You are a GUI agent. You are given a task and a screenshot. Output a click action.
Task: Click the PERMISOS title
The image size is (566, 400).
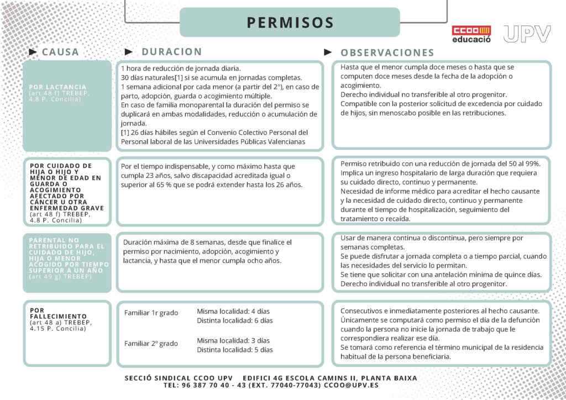coord(290,23)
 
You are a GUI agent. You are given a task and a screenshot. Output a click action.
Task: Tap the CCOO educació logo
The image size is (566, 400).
coord(471,34)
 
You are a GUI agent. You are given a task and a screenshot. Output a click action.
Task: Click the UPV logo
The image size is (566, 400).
coord(527,34)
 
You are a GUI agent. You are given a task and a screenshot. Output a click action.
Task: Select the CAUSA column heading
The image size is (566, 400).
coord(60,52)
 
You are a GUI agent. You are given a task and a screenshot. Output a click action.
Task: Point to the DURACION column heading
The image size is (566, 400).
coord(172,51)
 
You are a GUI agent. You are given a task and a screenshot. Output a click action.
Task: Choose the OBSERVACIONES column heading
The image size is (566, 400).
coord(387,52)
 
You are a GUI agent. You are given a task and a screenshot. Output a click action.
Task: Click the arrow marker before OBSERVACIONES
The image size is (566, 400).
coord(328,52)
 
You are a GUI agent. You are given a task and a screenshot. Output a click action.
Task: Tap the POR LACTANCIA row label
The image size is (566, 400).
coord(58,87)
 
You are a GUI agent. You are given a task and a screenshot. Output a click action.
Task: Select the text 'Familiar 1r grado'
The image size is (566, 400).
coord(151,313)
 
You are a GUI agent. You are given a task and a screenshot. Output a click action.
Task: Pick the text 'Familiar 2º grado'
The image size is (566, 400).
coord(151,344)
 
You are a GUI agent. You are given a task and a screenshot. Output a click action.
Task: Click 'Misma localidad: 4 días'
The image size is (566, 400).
coord(233,311)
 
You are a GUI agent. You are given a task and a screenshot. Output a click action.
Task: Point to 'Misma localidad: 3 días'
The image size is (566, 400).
coord(233,340)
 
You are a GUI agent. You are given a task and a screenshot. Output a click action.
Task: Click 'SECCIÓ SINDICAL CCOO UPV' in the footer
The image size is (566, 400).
coord(179,378)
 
